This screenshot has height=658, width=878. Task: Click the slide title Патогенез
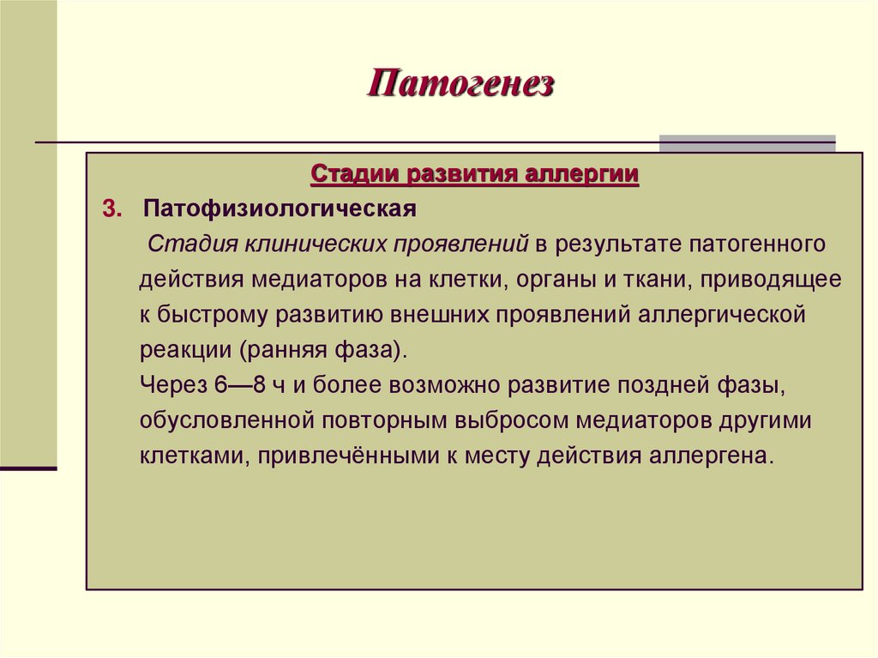click(461, 85)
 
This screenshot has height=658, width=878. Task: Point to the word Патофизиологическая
click(280, 209)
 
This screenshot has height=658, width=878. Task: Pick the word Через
click(171, 385)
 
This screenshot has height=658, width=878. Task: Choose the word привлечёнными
click(345, 456)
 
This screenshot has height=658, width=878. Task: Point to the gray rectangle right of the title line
click(747, 143)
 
